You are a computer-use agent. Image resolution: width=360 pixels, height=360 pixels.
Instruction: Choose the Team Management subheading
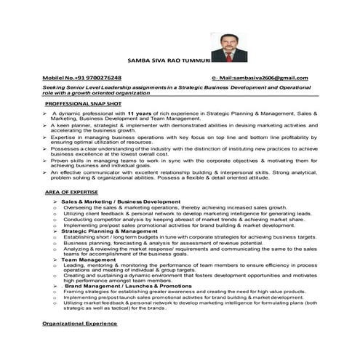pos(82,260)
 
